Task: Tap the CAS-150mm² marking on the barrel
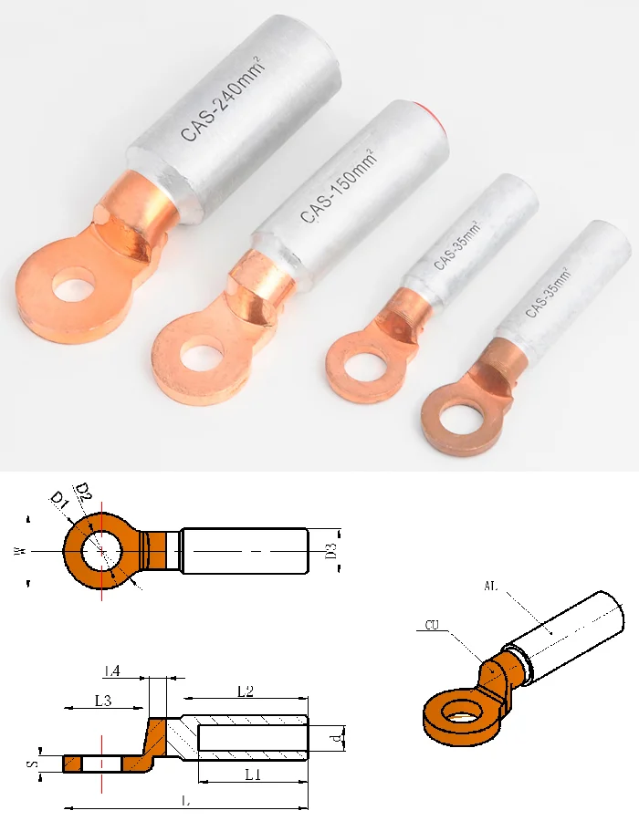click(339, 186)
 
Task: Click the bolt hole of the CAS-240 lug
click(73, 286)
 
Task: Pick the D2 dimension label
click(84, 493)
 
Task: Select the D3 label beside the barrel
click(330, 551)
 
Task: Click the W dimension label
click(19, 551)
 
